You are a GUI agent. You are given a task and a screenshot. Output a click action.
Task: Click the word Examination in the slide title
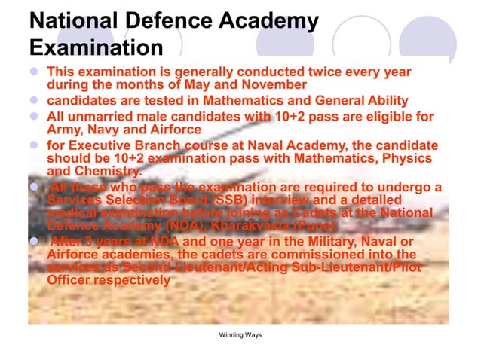96,48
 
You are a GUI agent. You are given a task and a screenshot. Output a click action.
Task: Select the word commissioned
291,255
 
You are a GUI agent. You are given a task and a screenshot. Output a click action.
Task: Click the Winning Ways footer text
240,334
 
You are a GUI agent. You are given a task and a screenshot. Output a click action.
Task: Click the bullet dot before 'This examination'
34,72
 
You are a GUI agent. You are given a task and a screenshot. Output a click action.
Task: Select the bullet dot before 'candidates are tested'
34,100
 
